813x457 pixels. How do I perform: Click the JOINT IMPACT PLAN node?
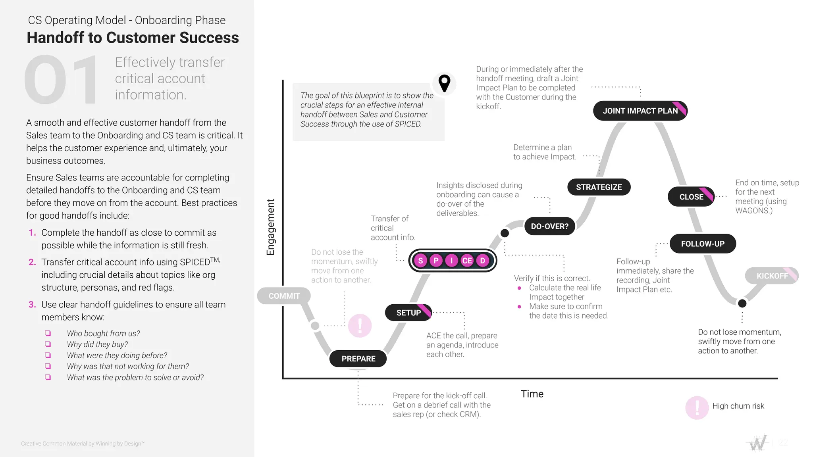click(x=640, y=111)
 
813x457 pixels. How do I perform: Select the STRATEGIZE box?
click(x=599, y=187)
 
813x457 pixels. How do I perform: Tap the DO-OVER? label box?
click(x=549, y=226)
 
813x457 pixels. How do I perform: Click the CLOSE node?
click(x=691, y=197)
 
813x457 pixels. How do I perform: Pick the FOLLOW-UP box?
click(x=703, y=244)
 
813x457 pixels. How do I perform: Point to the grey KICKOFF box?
click(x=772, y=276)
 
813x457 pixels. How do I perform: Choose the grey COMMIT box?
click(x=284, y=296)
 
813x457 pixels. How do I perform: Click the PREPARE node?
click(x=358, y=359)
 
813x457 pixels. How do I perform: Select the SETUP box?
click(x=408, y=313)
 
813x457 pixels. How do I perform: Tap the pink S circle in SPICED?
click(x=420, y=261)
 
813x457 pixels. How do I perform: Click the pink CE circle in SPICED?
click(x=467, y=261)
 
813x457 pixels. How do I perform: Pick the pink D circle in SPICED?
click(x=483, y=261)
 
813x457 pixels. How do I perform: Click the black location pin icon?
click(x=444, y=83)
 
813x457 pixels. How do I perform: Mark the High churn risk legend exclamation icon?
click(x=697, y=407)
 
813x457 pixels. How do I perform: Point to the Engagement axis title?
click(x=270, y=227)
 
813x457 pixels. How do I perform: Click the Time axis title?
click(x=532, y=394)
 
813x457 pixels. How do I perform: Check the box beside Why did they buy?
click(x=48, y=344)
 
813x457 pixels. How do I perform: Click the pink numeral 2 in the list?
click(x=32, y=262)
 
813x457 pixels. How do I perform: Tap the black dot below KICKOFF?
click(x=742, y=303)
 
